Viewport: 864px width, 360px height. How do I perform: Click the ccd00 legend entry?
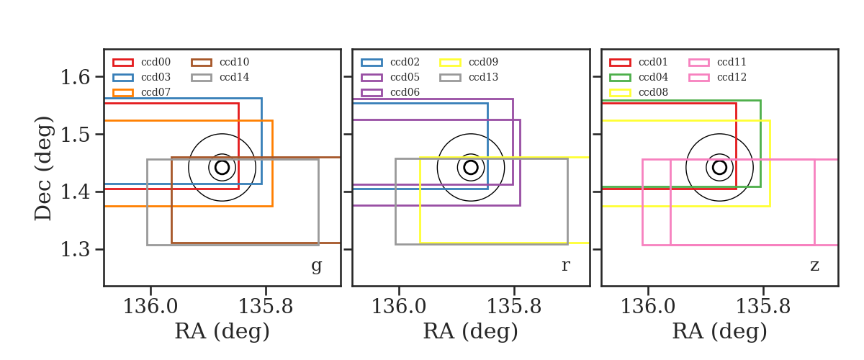[x=142, y=62]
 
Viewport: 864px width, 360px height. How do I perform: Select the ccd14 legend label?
[x=235, y=77]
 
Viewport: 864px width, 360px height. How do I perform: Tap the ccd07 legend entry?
[x=142, y=92]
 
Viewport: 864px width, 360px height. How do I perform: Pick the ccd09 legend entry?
[x=469, y=62]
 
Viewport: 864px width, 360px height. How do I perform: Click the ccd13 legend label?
[x=483, y=77]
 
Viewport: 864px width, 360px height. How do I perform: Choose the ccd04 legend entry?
[x=639, y=77]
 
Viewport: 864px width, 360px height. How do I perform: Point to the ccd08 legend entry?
[x=639, y=92]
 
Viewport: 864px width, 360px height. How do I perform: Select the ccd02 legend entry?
[x=390, y=62]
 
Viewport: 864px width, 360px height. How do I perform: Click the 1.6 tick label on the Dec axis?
[x=75, y=77]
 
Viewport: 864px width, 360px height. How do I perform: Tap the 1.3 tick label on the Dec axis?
[x=75, y=249]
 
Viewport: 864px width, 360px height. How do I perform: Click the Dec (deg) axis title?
[x=42, y=168]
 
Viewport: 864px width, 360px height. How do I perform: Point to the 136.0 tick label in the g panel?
[x=150, y=307]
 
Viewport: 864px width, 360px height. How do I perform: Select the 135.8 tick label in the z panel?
[x=762, y=307]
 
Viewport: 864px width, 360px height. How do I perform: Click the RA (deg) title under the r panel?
[x=471, y=331]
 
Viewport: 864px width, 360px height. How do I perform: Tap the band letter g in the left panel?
[x=316, y=266]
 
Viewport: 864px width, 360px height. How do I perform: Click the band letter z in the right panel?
[x=814, y=266]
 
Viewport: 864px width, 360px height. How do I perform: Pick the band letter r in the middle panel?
[x=565, y=266]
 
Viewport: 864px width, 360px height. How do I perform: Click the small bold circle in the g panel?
[x=222, y=161]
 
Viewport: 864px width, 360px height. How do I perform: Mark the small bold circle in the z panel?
[x=719, y=161]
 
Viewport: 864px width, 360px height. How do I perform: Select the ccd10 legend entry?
[x=220, y=62]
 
